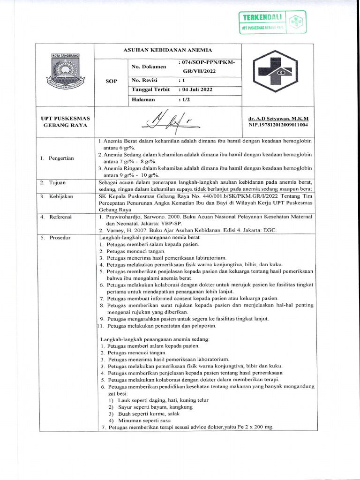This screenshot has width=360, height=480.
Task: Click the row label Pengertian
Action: (x=57, y=158)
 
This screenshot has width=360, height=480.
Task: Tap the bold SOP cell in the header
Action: (x=112, y=81)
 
